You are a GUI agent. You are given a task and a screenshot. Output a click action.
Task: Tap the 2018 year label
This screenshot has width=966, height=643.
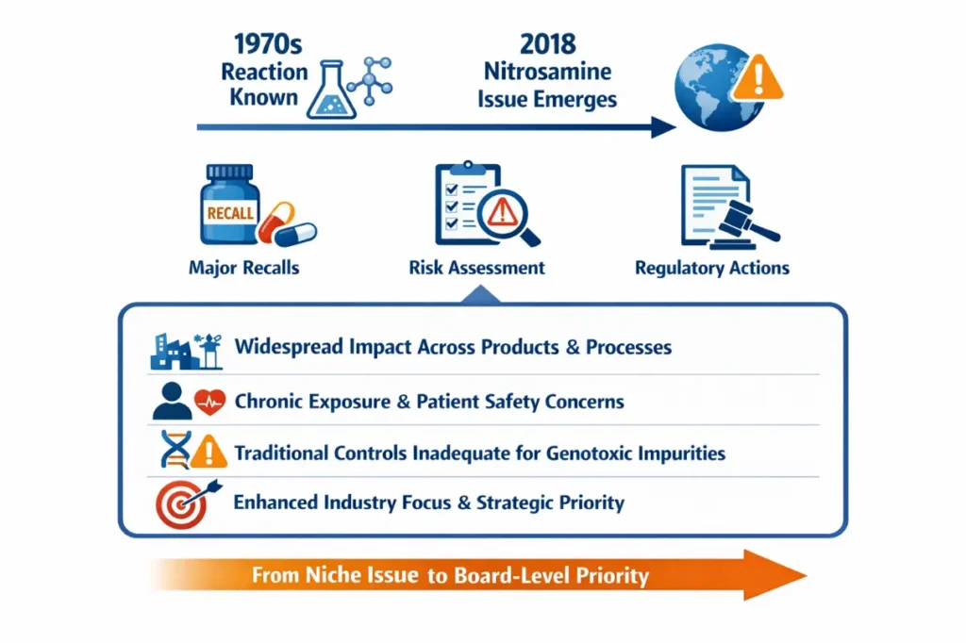pos(547,44)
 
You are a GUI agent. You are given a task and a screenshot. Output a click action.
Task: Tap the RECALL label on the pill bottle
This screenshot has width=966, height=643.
pos(229,212)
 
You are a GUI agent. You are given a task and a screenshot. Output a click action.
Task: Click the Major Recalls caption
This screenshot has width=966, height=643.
pos(243,268)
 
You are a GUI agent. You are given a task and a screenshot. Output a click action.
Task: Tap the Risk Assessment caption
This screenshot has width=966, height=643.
pos(476,268)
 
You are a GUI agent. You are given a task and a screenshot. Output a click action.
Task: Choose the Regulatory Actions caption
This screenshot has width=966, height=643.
pos(712,268)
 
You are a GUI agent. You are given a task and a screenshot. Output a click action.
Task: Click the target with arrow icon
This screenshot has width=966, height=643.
pos(182,502)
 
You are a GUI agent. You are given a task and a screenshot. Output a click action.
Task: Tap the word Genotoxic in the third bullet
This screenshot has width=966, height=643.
pos(593,453)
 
